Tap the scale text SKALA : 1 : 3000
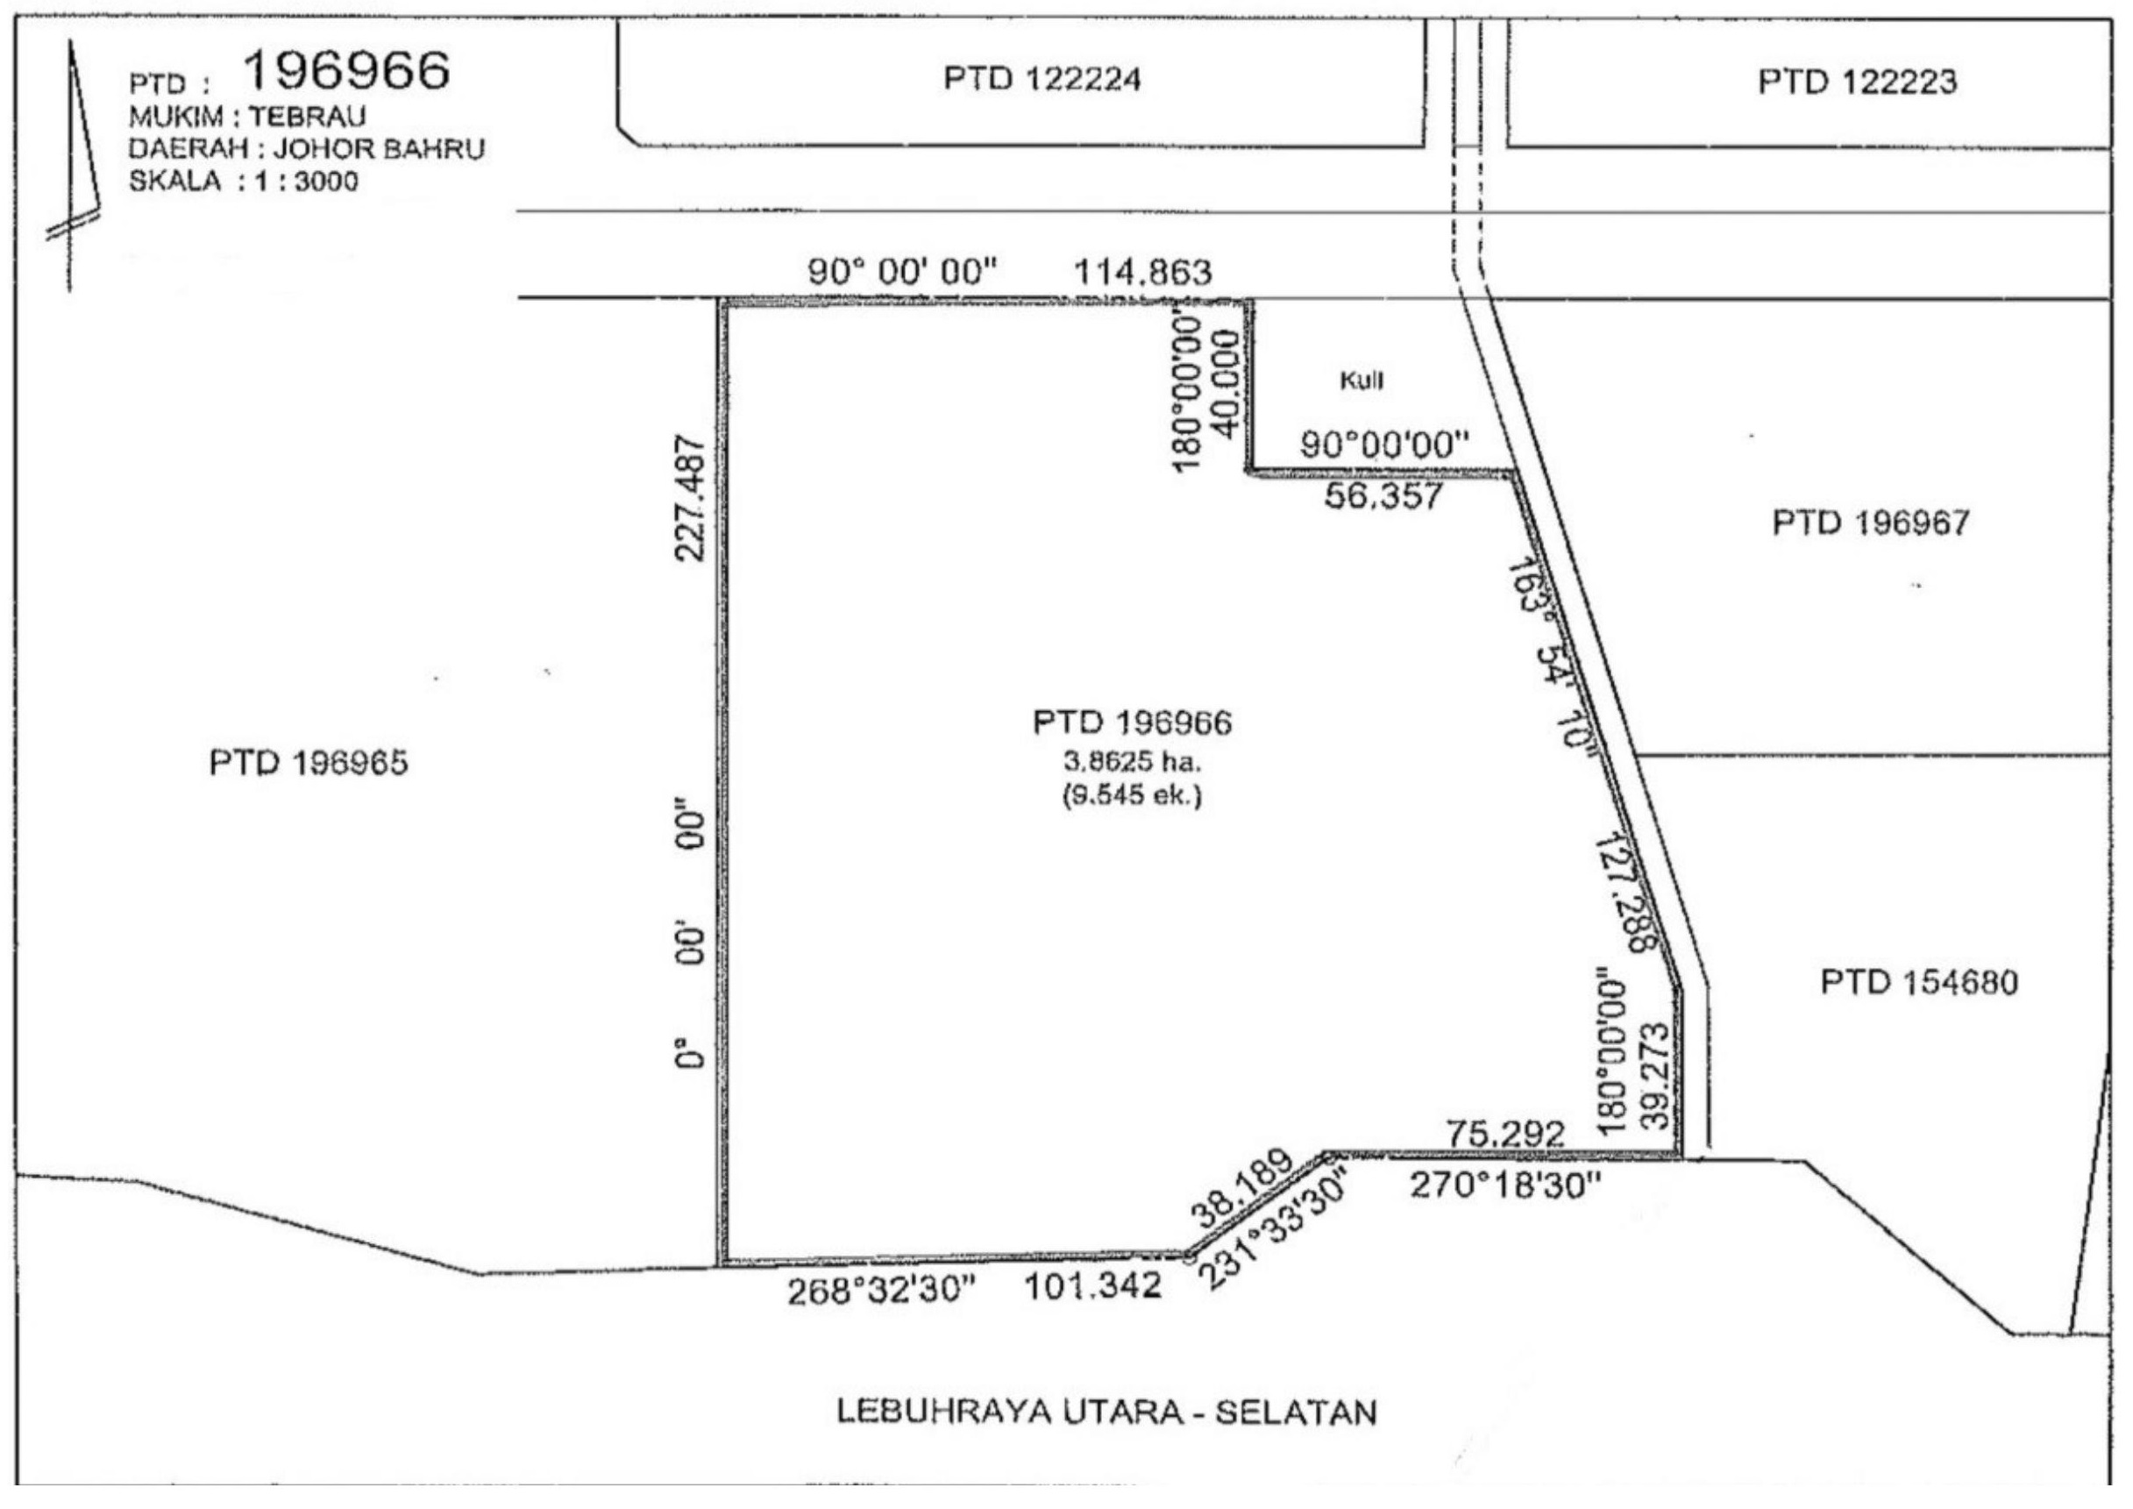point(244,181)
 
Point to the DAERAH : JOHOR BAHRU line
point(307,149)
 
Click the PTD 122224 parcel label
point(1042,79)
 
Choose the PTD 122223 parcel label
point(1857,82)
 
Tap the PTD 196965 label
point(309,763)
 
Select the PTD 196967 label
point(1871,523)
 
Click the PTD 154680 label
point(1919,982)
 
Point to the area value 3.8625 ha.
point(1133,762)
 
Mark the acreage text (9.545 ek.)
point(1133,795)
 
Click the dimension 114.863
point(1142,274)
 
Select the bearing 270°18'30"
point(1506,1185)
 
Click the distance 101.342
point(1092,1286)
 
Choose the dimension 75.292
point(1505,1134)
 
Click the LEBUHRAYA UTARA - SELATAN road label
point(1106,1412)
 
